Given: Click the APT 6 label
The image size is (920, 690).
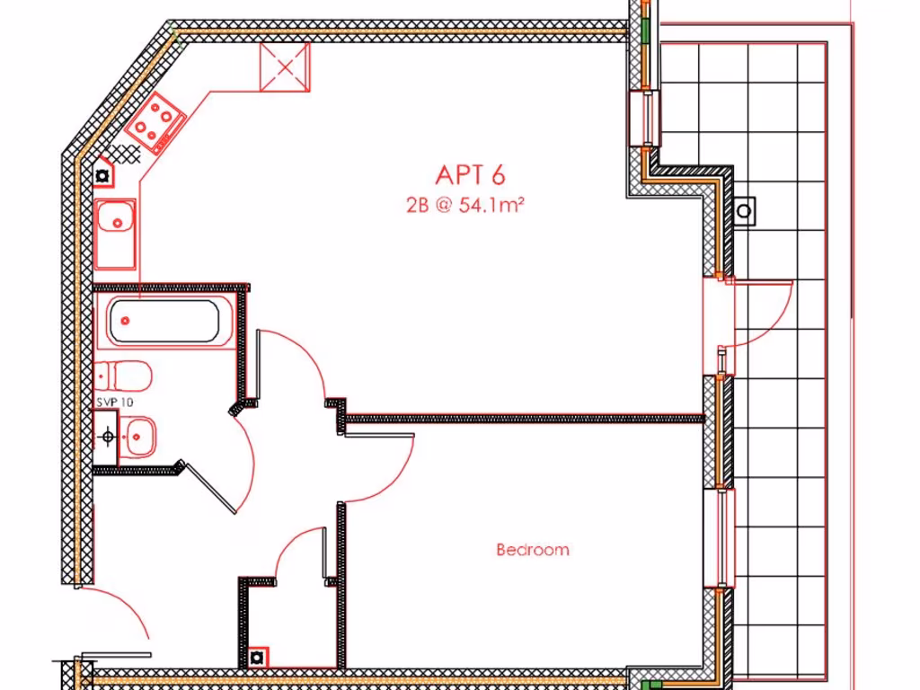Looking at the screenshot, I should coord(470,174).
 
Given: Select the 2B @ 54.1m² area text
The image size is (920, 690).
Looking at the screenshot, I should coord(465,205).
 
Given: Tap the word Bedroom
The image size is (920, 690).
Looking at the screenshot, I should coord(533,550).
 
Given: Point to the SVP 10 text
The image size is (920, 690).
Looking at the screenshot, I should coord(114,402).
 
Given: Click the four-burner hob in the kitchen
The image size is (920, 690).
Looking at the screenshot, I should coord(155,122).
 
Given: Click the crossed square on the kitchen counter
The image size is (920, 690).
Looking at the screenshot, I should coord(285,67).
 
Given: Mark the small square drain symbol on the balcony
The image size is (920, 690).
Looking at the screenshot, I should coord(745,211).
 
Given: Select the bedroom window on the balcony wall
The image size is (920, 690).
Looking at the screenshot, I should coord(725,537).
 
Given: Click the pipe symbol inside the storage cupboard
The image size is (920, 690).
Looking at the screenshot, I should coord(258,657).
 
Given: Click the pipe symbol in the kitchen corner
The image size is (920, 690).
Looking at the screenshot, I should coord(104,175).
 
